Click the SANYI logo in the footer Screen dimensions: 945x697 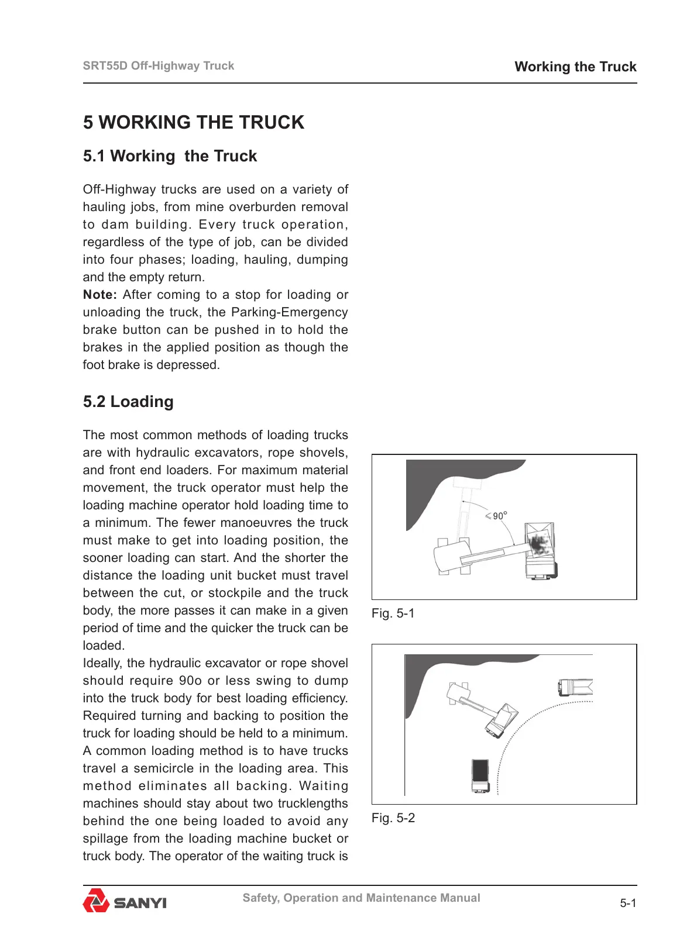[125, 901]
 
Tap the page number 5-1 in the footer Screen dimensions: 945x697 [628, 903]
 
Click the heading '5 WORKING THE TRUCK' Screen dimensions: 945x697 [193, 122]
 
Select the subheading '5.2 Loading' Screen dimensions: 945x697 [128, 402]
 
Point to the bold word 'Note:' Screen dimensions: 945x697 [99, 295]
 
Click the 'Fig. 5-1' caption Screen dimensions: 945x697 [393, 613]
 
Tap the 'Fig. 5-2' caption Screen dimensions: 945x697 [393, 818]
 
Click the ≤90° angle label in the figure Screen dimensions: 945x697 [497, 516]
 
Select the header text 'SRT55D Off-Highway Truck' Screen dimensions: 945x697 [158, 66]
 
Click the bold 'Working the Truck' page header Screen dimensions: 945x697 [575, 67]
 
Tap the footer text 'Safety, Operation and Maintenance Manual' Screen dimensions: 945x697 [361, 898]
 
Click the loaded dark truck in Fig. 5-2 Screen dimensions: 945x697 [480, 775]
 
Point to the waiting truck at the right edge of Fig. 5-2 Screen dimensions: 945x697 [576, 687]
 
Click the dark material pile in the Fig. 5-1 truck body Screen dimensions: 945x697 [538, 544]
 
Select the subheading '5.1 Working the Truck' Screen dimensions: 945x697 [170, 156]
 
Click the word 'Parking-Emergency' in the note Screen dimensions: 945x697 [289, 312]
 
